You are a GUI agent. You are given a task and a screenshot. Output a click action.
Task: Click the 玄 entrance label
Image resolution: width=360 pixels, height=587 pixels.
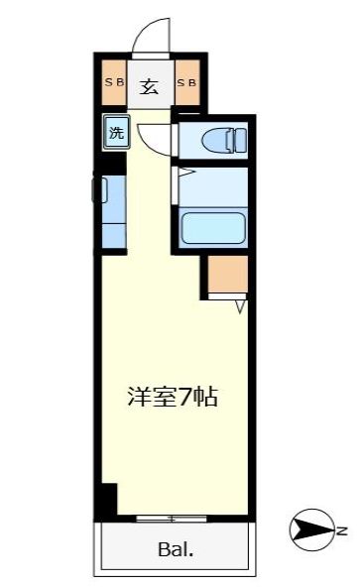click(x=149, y=86)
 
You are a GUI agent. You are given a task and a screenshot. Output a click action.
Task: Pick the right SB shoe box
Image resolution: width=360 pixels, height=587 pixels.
click(x=187, y=83)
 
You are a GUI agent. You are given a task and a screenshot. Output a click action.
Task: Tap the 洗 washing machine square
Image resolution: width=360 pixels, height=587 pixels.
click(x=117, y=132)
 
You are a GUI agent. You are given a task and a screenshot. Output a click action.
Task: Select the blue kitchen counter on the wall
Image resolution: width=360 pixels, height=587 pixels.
click(x=113, y=209)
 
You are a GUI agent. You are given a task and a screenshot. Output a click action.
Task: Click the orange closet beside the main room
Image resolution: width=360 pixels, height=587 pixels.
click(x=227, y=275)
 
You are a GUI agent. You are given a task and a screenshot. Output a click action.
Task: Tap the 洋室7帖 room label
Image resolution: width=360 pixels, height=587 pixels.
click(x=172, y=398)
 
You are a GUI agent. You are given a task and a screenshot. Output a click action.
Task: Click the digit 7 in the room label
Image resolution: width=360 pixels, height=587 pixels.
click(x=180, y=398)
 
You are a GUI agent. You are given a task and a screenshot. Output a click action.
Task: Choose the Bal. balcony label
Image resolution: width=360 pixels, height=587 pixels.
click(x=173, y=549)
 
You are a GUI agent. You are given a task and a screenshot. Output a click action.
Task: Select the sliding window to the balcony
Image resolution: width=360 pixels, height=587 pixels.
click(x=172, y=518)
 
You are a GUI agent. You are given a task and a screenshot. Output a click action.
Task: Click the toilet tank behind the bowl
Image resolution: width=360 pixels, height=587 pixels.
click(x=238, y=140)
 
